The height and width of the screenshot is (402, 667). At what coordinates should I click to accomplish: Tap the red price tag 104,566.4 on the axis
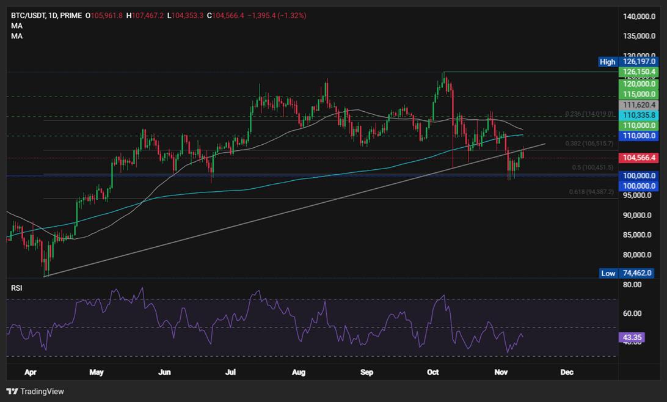click(x=638, y=158)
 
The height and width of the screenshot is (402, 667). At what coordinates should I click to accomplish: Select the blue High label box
click(x=607, y=62)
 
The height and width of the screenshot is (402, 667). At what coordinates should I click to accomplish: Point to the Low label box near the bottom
click(x=608, y=273)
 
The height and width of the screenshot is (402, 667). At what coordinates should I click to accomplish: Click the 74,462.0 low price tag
click(x=638, y=273)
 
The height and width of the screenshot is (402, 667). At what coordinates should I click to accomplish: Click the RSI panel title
click(x=16, y=288)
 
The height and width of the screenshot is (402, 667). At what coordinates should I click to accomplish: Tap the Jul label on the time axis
click(x=230, y=371)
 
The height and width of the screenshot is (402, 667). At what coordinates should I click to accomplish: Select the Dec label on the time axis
click(x=567, y=371)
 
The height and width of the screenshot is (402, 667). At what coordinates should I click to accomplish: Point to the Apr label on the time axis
click(x=27, y=371)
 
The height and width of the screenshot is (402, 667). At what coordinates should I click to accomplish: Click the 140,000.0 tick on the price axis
click(x=640, y=17)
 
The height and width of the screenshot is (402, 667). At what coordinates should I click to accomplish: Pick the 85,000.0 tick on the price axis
click(x=640, y=235)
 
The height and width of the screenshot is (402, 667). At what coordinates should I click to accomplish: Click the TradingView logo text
click(x=42, y=391)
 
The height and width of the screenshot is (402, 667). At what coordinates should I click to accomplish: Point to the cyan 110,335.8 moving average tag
click(x=638, y=115)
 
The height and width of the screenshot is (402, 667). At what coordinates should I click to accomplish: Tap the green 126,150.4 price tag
click(x=638, y=72)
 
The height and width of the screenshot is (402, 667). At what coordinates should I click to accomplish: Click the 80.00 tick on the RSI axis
click(x=632, y=285)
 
